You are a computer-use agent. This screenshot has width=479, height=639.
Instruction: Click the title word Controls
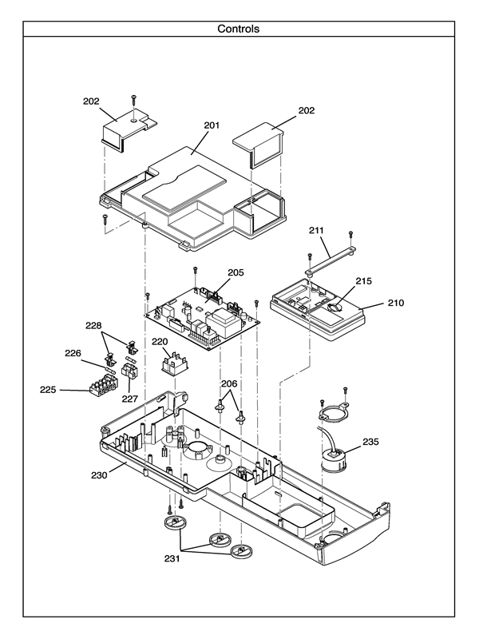239,29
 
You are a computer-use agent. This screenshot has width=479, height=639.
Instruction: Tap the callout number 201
212,125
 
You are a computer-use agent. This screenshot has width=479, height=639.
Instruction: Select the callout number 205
236,272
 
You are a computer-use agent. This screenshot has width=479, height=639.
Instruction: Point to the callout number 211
317,232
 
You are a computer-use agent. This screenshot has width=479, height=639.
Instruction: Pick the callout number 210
396,304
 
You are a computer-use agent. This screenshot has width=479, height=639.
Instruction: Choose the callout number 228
93,326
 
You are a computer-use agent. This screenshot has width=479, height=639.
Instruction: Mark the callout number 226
73,353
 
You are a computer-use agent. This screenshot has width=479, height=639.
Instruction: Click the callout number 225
49,390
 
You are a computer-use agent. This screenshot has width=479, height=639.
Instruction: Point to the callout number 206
230,383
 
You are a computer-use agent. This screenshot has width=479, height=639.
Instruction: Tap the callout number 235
370,441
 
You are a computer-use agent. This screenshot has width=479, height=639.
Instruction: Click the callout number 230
99,474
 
